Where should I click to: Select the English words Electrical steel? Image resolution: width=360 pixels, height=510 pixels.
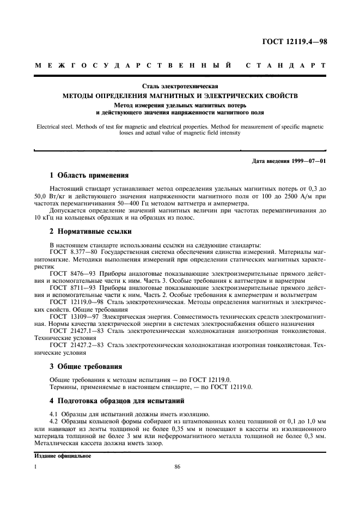click(57, 126)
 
